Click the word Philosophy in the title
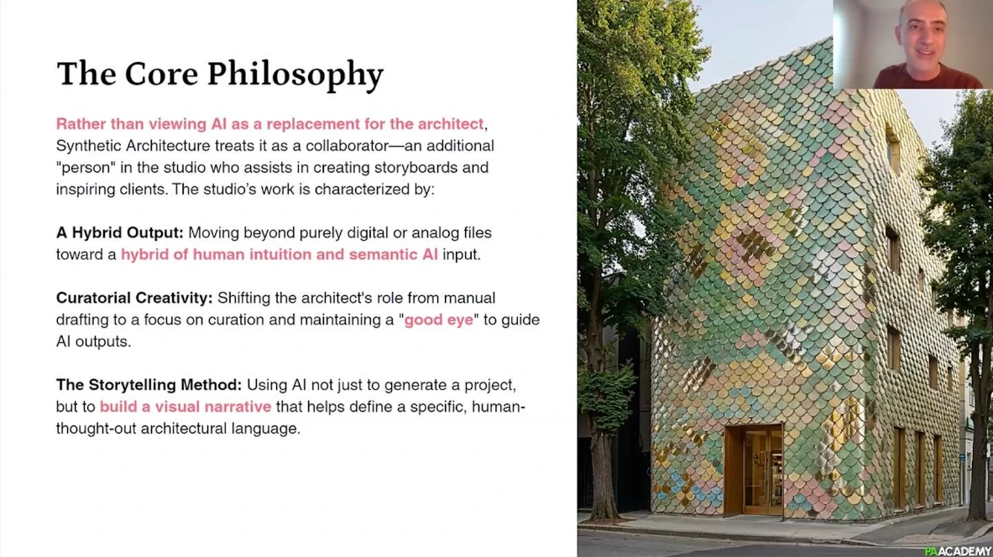295,75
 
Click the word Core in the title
161,74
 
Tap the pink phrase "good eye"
438,320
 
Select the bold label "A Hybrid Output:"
120,233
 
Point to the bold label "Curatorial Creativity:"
134,298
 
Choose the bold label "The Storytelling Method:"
149,385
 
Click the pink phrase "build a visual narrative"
186,406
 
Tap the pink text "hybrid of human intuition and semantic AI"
280,254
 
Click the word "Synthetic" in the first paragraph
88,146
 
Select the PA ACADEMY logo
958,550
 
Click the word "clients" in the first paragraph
141,190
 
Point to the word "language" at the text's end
264,429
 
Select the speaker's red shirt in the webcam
928,77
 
